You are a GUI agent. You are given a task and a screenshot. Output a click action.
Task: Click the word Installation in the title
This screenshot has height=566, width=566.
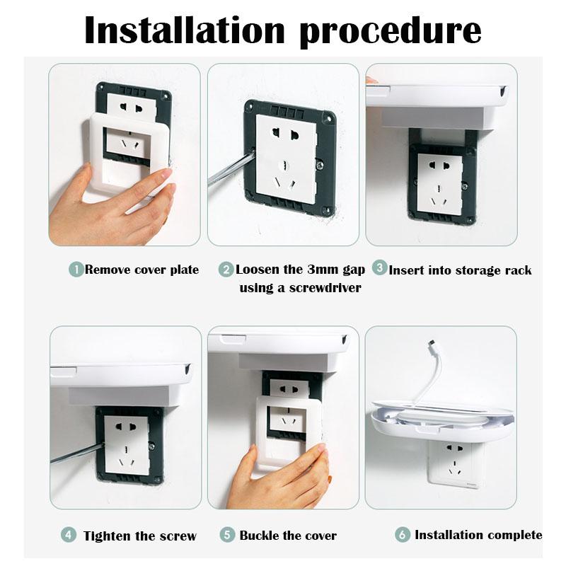point(185,30)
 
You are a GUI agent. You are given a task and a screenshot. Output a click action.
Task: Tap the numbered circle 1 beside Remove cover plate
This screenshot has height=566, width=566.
point(76,270)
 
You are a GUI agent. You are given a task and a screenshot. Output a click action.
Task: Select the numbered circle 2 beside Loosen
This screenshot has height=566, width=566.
point(226,270)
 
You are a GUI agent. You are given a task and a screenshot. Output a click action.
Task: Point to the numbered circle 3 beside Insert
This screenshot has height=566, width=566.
point(380,268)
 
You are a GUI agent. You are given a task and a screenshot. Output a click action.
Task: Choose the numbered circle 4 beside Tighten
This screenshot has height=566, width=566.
point(68,535)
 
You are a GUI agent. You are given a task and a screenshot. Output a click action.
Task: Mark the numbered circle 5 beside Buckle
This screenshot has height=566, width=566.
point(227,535)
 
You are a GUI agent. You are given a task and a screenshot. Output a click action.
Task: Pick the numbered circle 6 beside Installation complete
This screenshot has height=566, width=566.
point(403,535)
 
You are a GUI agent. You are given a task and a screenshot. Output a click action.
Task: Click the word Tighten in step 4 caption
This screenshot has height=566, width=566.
point(108,536)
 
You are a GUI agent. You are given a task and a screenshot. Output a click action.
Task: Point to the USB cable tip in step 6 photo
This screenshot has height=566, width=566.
point(432,343)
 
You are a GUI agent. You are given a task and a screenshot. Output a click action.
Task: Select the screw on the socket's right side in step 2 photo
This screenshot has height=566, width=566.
point(320,165)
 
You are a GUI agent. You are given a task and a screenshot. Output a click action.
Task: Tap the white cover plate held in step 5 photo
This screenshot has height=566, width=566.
point(289,432)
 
